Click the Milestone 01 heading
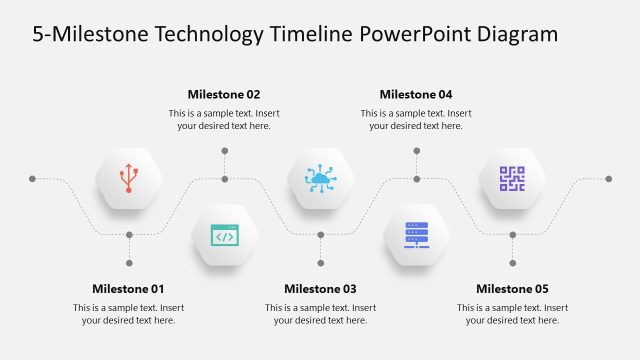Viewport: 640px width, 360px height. coord(128,289)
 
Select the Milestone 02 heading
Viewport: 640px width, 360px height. coord(224,95)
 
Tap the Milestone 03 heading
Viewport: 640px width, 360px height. coord(320,289)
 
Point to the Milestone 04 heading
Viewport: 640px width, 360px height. coord(416,95)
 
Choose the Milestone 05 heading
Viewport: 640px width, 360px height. coord(512,289)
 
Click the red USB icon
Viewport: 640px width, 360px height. coord(128,179)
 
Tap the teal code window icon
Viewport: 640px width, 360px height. coord(224,236)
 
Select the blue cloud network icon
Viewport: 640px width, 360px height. coord(320,179)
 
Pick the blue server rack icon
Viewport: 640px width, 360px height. coord(416,236)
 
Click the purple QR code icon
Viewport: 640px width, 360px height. coord(512,179)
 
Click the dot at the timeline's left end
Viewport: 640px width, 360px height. coord(33,179)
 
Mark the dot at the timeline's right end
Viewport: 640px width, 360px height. coord(608,179)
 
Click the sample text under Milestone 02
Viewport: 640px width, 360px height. coord(224,120)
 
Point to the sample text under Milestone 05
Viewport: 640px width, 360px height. coord(512,314)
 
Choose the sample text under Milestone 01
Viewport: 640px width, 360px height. coord(128,314)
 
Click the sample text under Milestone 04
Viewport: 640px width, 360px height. coord(416,120)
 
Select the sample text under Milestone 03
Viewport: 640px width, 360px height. coord(320,314)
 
